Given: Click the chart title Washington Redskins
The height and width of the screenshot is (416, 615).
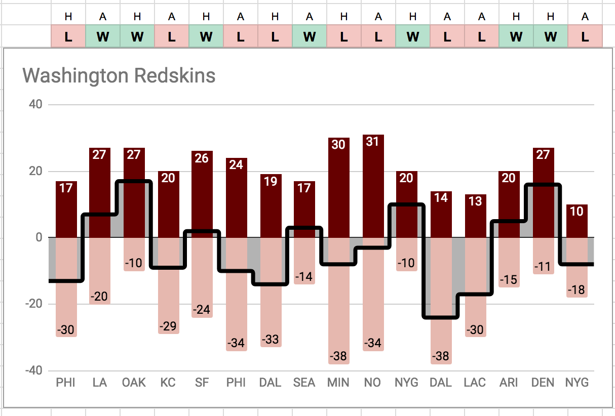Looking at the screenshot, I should point(119,76).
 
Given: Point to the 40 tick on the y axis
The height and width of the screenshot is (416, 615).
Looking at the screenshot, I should point(36,105).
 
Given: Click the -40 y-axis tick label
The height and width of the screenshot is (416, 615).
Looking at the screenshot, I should point(33,370).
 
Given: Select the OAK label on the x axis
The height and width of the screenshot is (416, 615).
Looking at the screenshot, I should point(134,383).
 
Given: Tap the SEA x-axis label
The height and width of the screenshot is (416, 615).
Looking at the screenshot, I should point(304,383).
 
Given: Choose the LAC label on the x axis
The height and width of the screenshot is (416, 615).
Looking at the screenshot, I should point(475,383).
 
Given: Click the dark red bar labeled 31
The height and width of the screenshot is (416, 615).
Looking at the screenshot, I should point(373,187).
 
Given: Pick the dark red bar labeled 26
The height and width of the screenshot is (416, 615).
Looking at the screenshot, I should point(202,192).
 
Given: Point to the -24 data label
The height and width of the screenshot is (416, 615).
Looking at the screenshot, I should point(202,309).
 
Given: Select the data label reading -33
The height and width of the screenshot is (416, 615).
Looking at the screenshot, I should point(271,339).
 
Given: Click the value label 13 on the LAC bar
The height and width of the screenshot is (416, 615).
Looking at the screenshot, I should point(475,201).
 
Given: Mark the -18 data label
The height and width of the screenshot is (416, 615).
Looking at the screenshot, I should point(577,290).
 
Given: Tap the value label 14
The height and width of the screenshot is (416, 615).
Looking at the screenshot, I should point(441,198).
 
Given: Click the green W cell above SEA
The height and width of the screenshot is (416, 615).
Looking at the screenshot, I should point(310,36).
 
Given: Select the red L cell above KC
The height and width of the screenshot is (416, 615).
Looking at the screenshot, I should point(172,36).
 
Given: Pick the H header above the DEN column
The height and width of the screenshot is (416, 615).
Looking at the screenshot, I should point(551,17).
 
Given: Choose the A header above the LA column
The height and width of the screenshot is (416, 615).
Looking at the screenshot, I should point(103,17).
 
